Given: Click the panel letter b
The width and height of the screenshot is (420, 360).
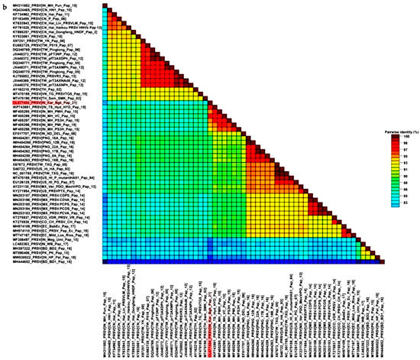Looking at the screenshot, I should pyautogui.click(x=5, y=5).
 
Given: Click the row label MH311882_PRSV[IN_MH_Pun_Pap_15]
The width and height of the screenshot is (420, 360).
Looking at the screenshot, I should pyautogui.click(x=65, y=5).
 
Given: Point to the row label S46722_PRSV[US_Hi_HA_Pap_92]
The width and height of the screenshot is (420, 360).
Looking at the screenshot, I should pyautogui.click(x=65, y=167).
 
